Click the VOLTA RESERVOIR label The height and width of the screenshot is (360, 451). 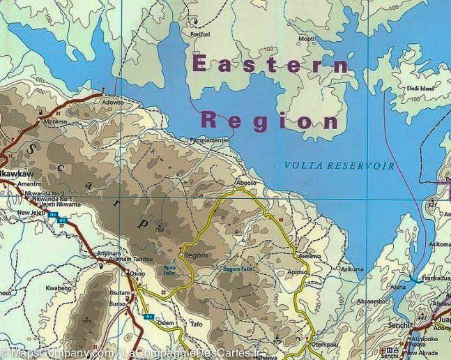click(339, 166)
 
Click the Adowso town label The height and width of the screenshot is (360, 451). click(112, 101)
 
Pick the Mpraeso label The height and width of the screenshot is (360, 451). click(55, 120)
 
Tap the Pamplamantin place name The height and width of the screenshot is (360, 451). click(209, 140)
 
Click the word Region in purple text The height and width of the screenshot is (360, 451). click(270, 119)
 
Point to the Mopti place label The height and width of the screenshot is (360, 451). click(306, 39)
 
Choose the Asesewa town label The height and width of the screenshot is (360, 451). click(310, 256)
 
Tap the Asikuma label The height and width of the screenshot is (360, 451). click(351, 268)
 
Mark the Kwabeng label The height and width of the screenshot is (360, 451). click(59, 287)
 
